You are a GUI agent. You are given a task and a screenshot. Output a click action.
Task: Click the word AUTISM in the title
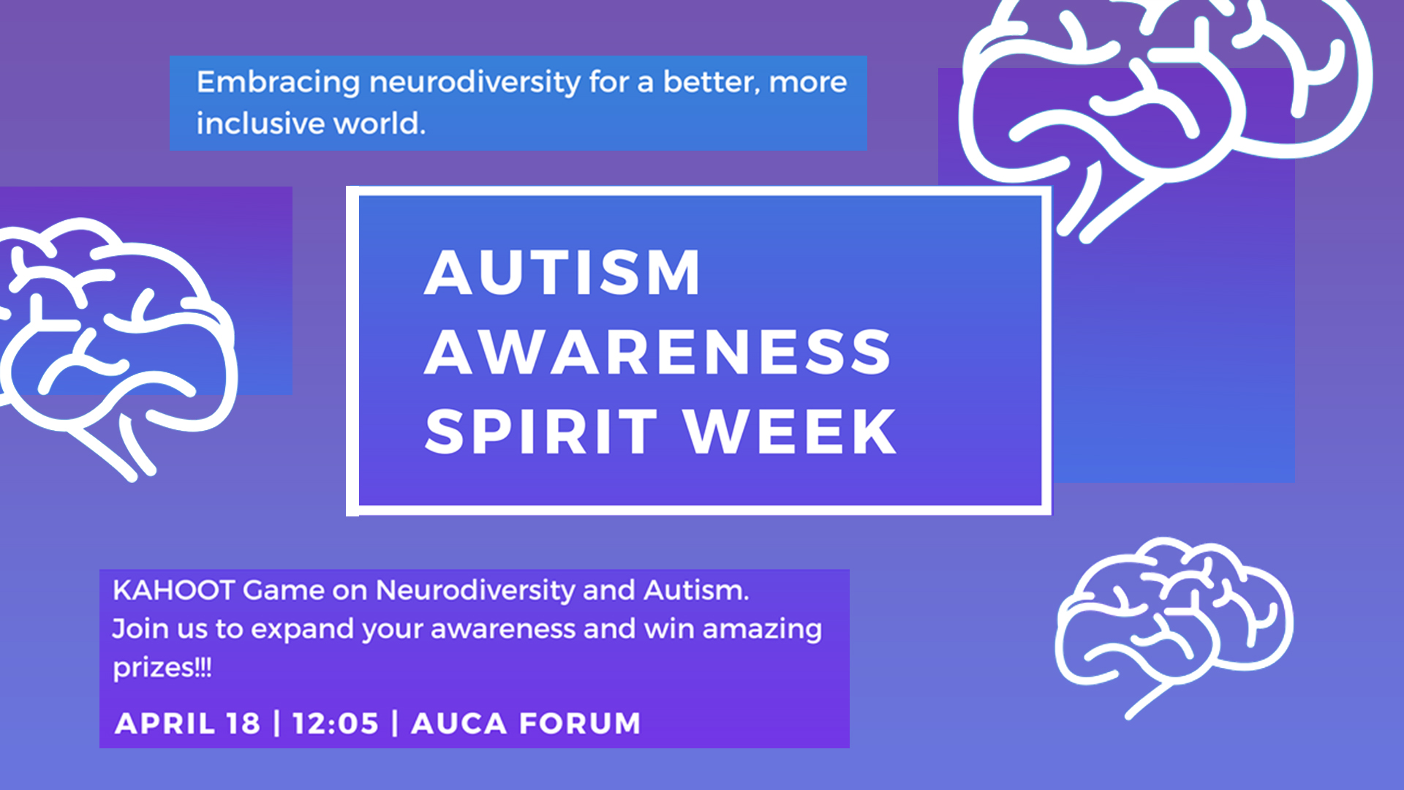tap(562, 272)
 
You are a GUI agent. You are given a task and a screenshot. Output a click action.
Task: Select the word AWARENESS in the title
tap(657, 353)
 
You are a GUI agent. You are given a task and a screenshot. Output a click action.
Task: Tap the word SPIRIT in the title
tap(541, 432)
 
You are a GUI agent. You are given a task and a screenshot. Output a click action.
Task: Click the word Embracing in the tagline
tap(278, 83)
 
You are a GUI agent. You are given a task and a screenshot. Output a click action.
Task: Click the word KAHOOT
tap(173, 590)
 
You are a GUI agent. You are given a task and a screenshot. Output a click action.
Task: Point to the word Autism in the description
tap(695, 590)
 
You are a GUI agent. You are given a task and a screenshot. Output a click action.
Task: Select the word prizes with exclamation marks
tap(162, 668)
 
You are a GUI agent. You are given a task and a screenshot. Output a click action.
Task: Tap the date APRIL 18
tap(187, 723)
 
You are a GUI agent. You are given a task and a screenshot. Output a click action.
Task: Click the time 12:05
tap(336, 723)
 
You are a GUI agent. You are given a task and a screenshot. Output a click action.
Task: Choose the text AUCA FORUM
tap(526, 723)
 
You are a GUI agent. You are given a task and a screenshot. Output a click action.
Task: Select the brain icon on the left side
tap(117, 344)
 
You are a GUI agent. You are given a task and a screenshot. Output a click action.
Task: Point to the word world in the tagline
tap(379, 124)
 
